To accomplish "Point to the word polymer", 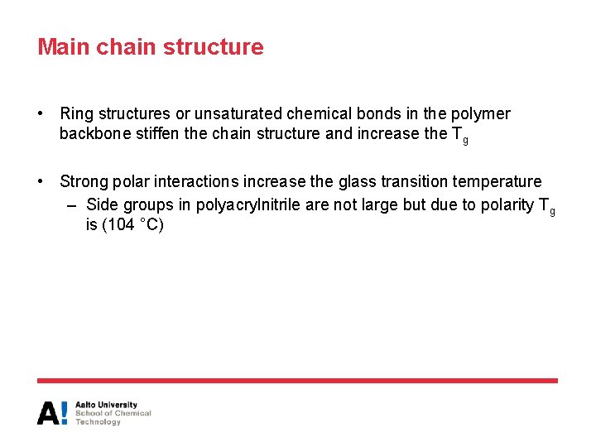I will [x=482, y=113].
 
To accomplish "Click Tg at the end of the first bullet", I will [x=459, y=135].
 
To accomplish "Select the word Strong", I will [x=84, y=181].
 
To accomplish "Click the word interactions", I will [x=195, y=181].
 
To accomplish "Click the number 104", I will [x=121, y=224].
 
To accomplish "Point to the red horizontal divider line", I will [x=297, y=381].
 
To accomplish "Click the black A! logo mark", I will [x=53, y=413].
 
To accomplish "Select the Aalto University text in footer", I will [x=107, y=406].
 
